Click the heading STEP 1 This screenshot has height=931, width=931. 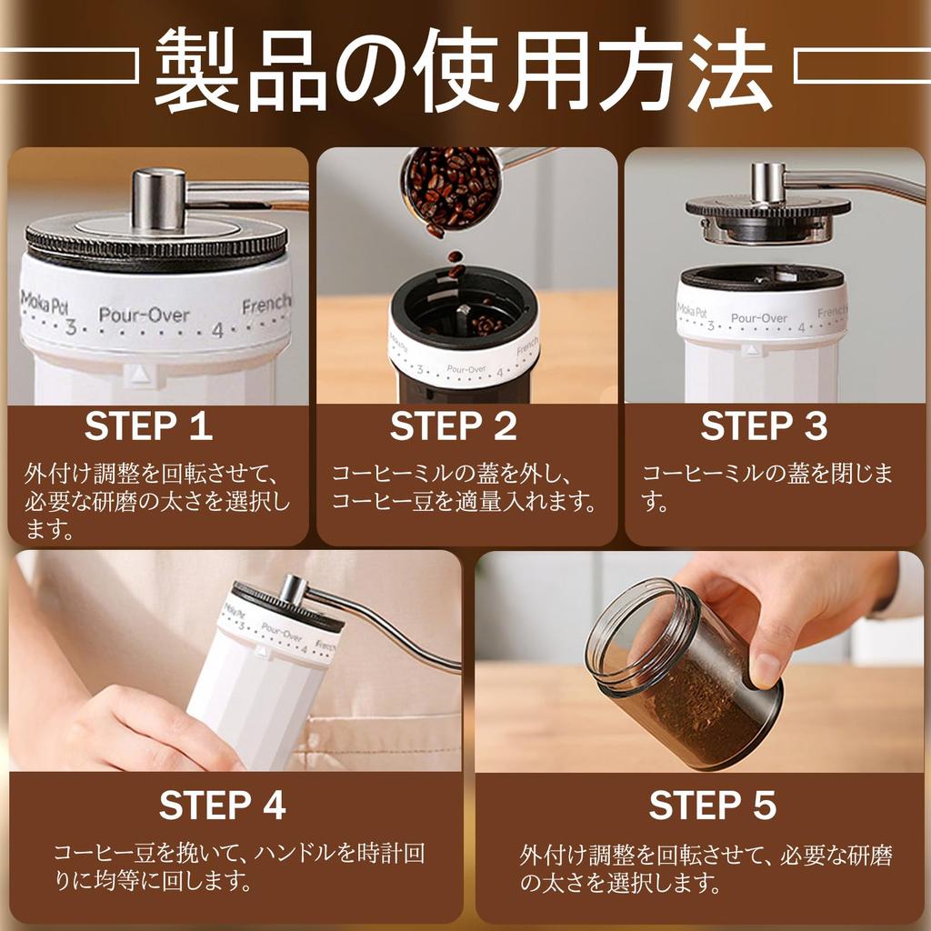pos(148,426)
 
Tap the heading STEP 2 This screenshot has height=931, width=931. pos(454,426)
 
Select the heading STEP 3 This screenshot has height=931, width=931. pos(764,426)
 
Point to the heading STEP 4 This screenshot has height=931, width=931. pos(223,806)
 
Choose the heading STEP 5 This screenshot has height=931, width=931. pos(713,806)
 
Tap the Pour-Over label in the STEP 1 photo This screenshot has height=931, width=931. pos(144,316)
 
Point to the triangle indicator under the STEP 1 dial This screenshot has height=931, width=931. pos(137,374)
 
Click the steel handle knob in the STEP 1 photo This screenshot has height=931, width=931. pos(159,198)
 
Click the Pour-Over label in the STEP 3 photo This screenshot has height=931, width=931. pos(759,319)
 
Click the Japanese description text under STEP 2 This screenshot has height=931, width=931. pos(464,487)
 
